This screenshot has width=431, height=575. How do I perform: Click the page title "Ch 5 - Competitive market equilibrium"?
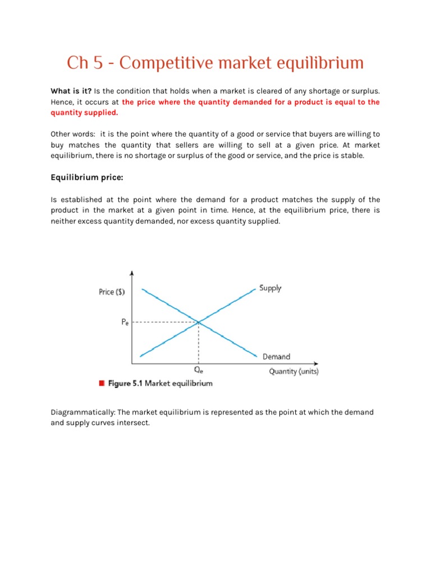215,63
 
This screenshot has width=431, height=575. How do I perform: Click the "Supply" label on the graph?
270,288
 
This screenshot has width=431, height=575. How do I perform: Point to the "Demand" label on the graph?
276,357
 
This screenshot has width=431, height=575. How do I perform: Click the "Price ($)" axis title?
112,292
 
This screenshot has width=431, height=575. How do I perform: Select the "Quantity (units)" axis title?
294,371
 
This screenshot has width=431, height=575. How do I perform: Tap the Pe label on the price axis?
124,323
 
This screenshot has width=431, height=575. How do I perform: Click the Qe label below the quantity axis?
199,371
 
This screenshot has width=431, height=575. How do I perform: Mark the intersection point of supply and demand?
199,322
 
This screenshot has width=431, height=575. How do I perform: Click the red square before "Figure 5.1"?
102,384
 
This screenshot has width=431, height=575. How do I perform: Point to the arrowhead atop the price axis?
132,273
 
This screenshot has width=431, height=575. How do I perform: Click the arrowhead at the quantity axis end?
317,363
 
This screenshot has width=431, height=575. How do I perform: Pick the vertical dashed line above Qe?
199,343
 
